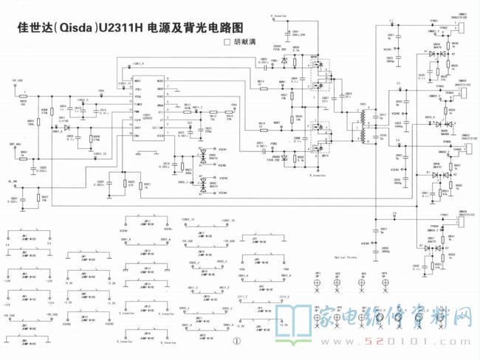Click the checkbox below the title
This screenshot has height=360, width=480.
tap(227, 44)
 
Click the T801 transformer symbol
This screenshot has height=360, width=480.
tap(363, 126)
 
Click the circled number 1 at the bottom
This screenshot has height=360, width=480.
tap(237, 342)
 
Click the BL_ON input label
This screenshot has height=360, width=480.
tap(14, 181)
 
